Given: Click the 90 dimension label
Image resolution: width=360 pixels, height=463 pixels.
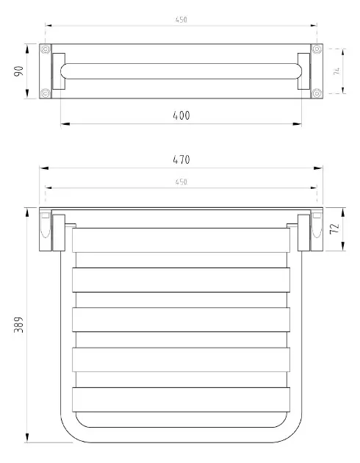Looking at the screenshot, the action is coord(18,71).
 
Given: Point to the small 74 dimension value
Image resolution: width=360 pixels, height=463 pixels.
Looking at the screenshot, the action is coord(336,71).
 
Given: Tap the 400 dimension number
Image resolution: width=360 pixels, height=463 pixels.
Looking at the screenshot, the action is coord(181,115).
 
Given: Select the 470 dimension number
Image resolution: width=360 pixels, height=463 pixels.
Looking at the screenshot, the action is coord(181,159).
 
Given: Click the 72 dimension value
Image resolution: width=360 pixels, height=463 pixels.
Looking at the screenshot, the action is coord(334,229).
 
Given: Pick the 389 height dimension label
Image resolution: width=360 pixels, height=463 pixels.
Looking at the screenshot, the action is coord(18,325).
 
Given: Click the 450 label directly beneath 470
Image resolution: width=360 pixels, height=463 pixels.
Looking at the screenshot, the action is coord(181,182).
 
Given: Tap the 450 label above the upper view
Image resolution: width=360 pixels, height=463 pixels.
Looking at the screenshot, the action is coord(181,20).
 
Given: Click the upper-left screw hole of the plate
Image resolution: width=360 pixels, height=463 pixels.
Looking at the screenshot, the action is coord(46,49).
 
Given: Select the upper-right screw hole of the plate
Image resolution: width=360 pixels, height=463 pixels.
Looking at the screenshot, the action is coord(317,49).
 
